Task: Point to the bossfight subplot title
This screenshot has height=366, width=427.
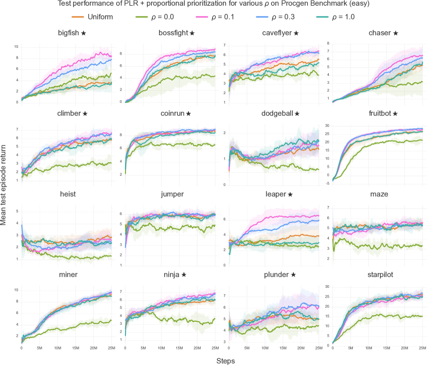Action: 173,33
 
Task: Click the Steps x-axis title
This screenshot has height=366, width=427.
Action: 224,361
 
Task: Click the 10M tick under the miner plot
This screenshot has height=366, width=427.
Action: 57,349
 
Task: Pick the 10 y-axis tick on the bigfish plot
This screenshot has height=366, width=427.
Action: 16,47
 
